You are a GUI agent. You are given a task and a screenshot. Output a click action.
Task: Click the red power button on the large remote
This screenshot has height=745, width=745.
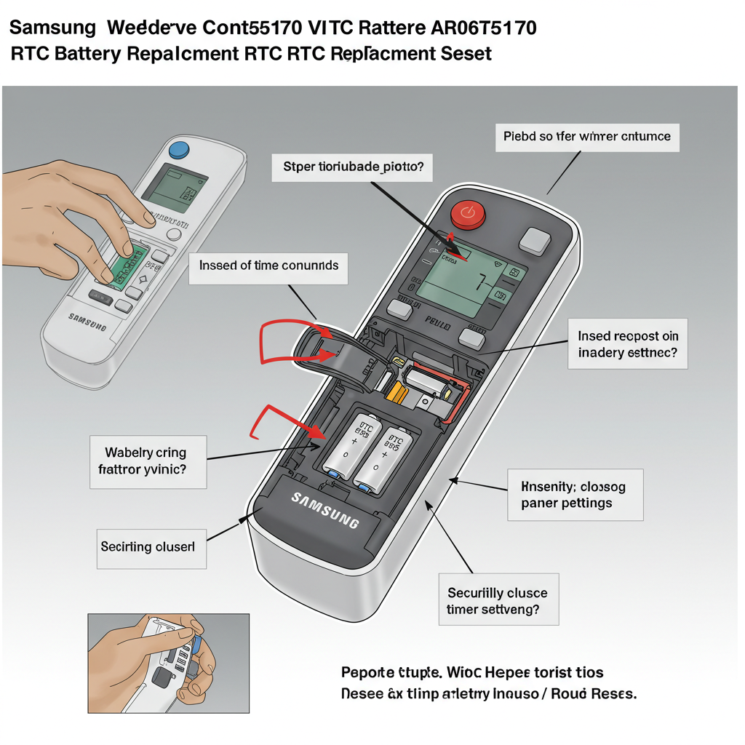coord(466,214)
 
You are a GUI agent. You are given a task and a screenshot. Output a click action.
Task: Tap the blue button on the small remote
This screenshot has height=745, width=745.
coord(178,151)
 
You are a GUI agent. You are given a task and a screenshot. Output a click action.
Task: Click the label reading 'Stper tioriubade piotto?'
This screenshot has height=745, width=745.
coord(352,167)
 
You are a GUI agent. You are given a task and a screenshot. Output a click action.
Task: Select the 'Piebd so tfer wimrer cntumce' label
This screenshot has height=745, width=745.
coord(587,136)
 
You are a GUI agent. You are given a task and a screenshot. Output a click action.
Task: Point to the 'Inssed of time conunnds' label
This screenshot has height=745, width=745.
coord(268,266)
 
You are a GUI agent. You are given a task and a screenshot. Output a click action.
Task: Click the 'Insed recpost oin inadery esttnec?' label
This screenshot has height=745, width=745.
coord(628,344)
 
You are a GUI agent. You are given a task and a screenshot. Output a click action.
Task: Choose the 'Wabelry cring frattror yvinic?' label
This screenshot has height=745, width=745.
coord(148,461)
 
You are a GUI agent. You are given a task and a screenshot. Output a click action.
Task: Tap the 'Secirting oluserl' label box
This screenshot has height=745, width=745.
coord(153,546)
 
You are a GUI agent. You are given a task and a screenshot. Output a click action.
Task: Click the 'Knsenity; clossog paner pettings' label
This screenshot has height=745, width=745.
coord(573,494)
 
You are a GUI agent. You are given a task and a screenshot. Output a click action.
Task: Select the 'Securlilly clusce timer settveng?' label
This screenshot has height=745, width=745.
coord(498,602)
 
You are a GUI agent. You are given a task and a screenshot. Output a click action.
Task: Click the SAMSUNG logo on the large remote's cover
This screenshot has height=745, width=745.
coord(325,509)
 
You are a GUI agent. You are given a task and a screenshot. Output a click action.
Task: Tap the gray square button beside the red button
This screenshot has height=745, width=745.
coord(536,241)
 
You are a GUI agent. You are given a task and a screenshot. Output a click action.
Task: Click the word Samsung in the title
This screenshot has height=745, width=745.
coord(52,28)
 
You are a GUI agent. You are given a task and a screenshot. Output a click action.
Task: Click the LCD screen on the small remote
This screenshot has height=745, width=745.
coord(170,183)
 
